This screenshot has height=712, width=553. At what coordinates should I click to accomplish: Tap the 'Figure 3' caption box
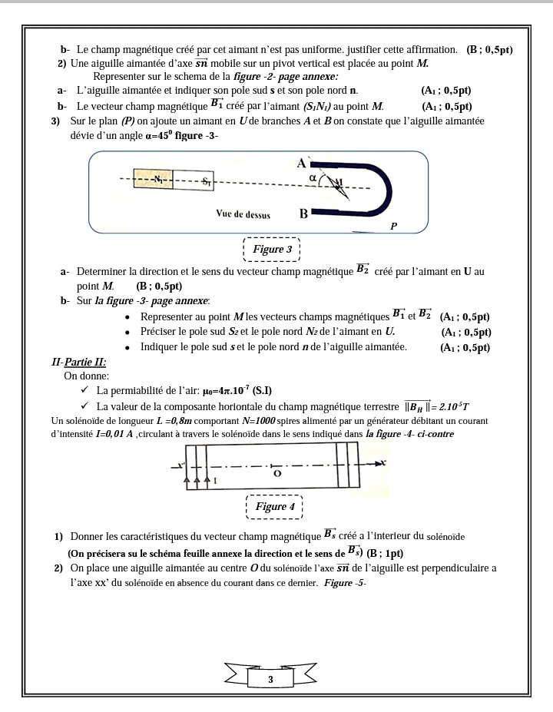(x=272, y=250)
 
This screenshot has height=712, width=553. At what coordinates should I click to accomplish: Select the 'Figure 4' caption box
(x=275, y=507)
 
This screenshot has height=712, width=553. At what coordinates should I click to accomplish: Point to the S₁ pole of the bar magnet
(x=205, y=182)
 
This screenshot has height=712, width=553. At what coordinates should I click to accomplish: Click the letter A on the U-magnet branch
(x=303, y=162)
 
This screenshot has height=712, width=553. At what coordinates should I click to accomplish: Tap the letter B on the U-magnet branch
(x=303, y=214)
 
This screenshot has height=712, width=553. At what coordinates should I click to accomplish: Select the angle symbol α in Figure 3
(x=312, y=178)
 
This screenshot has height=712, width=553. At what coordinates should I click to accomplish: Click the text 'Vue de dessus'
(x=243, y=215)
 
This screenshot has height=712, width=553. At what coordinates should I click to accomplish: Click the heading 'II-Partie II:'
(x=78, y=361)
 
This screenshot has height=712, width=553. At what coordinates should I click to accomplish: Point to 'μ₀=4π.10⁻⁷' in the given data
(x=223, y=390)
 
